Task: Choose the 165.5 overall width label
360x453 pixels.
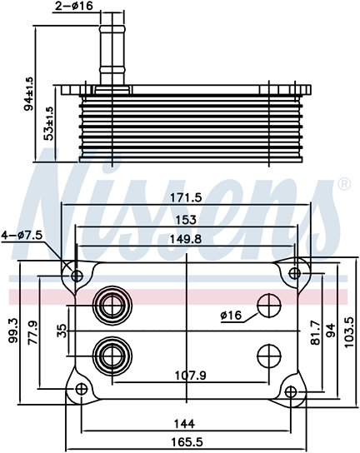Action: click(x=186, y=441)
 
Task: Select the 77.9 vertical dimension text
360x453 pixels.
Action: click(x=33, y=333)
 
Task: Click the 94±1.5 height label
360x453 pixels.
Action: click(x=29, y=93)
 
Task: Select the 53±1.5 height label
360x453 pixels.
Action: click(x=50, y=123)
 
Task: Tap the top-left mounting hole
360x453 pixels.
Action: click(x=77, y=276)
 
